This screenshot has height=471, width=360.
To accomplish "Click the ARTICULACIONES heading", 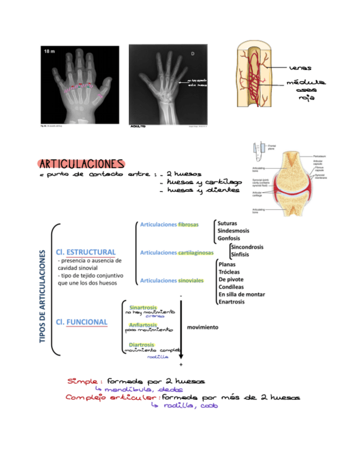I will pyautogui.click(x=81, y=164).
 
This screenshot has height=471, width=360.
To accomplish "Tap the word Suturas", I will pyautogui.click(x=228, y=223).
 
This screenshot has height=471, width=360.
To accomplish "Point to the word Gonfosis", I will pyautogui.click(x=229, y=238).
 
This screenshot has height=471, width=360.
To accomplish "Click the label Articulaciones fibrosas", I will pyautogui.click(x=169, y=225).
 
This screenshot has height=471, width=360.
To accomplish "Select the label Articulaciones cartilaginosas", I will pyautogui.click(x=177, y=253).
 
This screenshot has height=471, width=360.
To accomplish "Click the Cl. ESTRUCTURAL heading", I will pyautogui.click(x=86, y=252).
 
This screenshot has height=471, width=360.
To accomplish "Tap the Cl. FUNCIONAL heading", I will pyautogui.click(x=82, y=322).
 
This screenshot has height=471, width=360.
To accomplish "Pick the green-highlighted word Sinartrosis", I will pyautogui.click(x=142, y=307).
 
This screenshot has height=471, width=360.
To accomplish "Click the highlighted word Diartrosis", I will pyautogui.click(x=141, y=344).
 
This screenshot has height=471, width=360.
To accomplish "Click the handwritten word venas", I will pyautogui.click(x=300, y=68).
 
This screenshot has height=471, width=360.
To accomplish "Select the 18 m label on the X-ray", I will pyautogui.click(x=50, y=52).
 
